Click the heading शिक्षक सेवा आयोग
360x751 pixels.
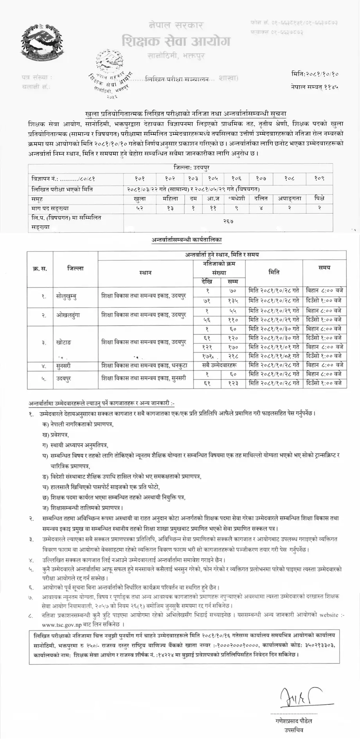[176, 41]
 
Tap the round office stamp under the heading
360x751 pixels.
[113, 68]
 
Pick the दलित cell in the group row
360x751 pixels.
[261, 199]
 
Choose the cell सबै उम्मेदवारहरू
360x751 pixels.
[219, 365]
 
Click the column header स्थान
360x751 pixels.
[145, 272]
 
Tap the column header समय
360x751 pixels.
[324, 268]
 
